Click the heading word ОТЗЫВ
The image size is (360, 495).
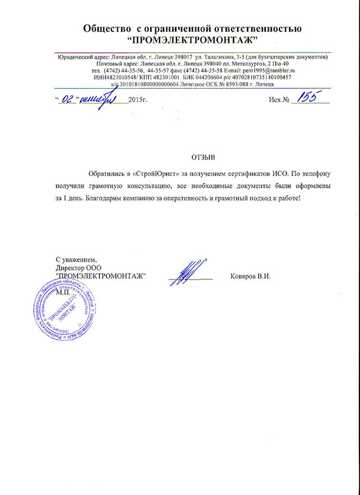pyautogui.click(x=205, y=158)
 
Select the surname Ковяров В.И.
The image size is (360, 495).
pyautogui.click(x=251, y=277)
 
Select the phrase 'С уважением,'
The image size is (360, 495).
pyautogui.click(x=75, y=259)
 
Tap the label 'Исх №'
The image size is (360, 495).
pyautogui.click(x=279, y=99)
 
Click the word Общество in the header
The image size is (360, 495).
pyautogui.click(x=105, y=28)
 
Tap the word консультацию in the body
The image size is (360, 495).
pyautogui.click(x=144, y=186)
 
